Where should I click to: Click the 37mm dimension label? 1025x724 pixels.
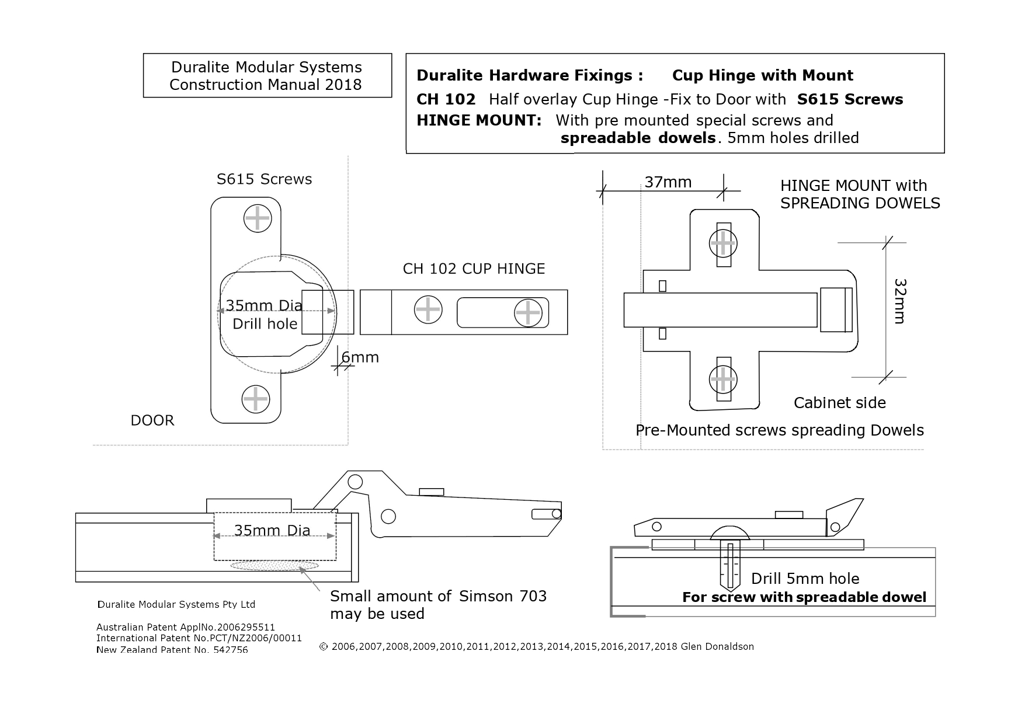coord(668,182)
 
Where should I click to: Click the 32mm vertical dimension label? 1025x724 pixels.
coord(899,301)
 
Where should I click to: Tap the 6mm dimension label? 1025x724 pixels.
coord(360,357)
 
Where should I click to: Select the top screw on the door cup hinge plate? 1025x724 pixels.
coord(257,219)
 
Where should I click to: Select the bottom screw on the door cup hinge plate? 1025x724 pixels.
coord(255,399)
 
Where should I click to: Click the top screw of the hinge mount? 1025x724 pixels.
coord(723,243)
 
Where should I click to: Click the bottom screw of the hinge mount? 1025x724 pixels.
coord(723,380)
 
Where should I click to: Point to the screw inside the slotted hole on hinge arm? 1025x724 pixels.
coord(528,313)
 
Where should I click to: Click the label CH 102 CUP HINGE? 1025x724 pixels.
coord(474,269)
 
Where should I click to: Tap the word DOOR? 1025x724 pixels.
coord(152,420)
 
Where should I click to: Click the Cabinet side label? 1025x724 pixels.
coord(839,403)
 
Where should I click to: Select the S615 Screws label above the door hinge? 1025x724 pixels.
coord(264,179)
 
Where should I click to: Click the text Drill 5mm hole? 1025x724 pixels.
coord(805,579)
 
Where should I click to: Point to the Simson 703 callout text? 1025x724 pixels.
coord(438,604)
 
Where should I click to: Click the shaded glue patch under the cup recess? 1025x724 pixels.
coord(275,565)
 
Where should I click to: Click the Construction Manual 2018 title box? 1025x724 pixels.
coord(267,76)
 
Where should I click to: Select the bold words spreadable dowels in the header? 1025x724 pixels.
coord(638,138)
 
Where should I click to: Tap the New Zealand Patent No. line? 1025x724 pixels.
coord(172,650)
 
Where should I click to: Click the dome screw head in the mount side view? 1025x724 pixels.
coord(730,533)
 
